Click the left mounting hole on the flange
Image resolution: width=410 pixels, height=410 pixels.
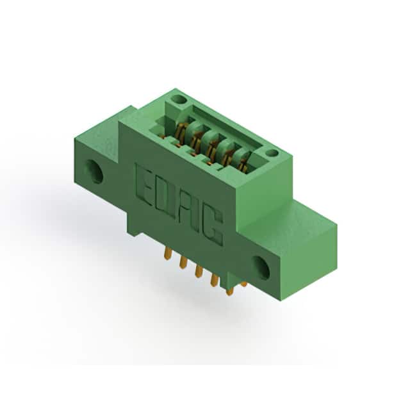pyautogui.click(x=94, y=171)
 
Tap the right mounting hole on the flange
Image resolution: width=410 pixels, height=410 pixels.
pyautogui.click(x=261, y=268)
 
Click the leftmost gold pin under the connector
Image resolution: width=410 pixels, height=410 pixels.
pyautogui.click(x=168, y=254)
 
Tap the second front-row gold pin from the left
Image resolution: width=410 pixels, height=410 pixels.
pyautogui.click(x=183, y=262)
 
